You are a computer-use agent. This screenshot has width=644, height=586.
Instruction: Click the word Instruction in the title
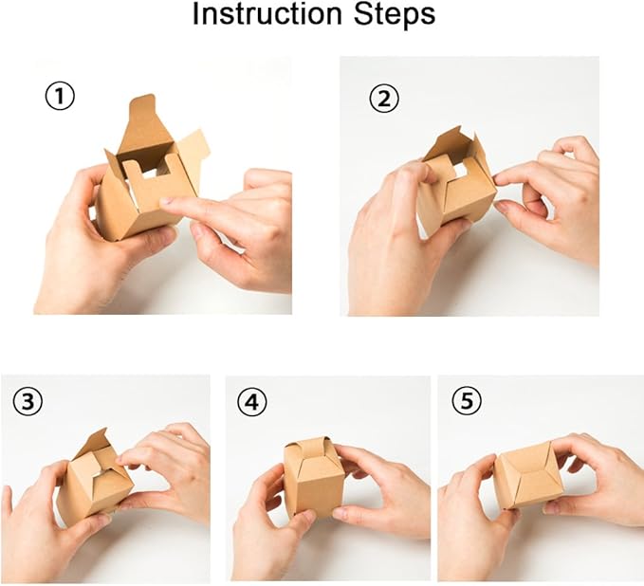267,13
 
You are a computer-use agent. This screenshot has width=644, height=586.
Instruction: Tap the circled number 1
60,97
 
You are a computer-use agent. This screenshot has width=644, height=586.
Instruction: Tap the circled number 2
384,99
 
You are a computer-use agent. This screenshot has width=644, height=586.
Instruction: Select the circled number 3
28,402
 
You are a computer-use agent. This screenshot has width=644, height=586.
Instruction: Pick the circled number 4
252,401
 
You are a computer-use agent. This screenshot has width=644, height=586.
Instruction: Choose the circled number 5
467,401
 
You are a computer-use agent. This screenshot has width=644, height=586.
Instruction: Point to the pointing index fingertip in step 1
166,201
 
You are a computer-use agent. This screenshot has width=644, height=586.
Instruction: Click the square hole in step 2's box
458,169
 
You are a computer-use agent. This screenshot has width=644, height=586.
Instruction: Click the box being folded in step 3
95,479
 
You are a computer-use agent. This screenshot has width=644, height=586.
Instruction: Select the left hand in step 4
271,530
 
